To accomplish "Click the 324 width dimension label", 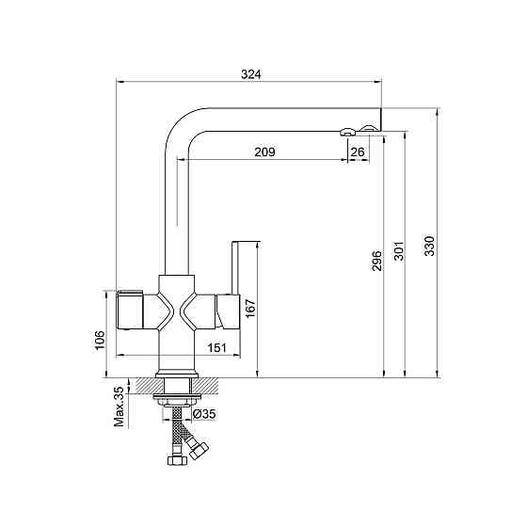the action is (x=250, y=74).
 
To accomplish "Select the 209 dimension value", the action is (x=264, y=152).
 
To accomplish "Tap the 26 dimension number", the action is (x=358, y=152).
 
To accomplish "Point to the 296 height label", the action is (x=377, y=261).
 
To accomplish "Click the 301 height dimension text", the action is (x=399, y=250).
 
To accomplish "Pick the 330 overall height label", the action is (x=429, y=246).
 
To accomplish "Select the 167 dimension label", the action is (x=250, y=308).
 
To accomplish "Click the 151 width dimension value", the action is (x=216, y=347).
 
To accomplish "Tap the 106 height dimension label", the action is (x=100, y=340).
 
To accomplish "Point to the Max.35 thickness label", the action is (x=119, y=407).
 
